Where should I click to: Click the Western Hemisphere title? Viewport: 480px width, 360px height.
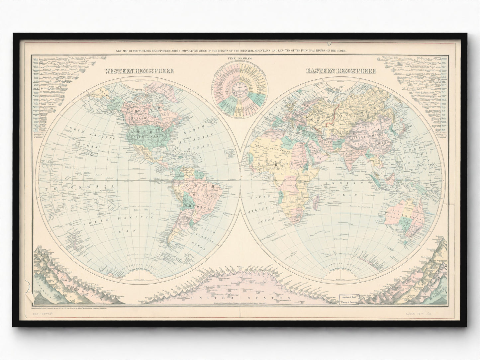pyautogui.click(x=139, y=71)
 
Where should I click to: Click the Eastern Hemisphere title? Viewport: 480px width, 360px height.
pyautogui.click(x=341, y=71)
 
